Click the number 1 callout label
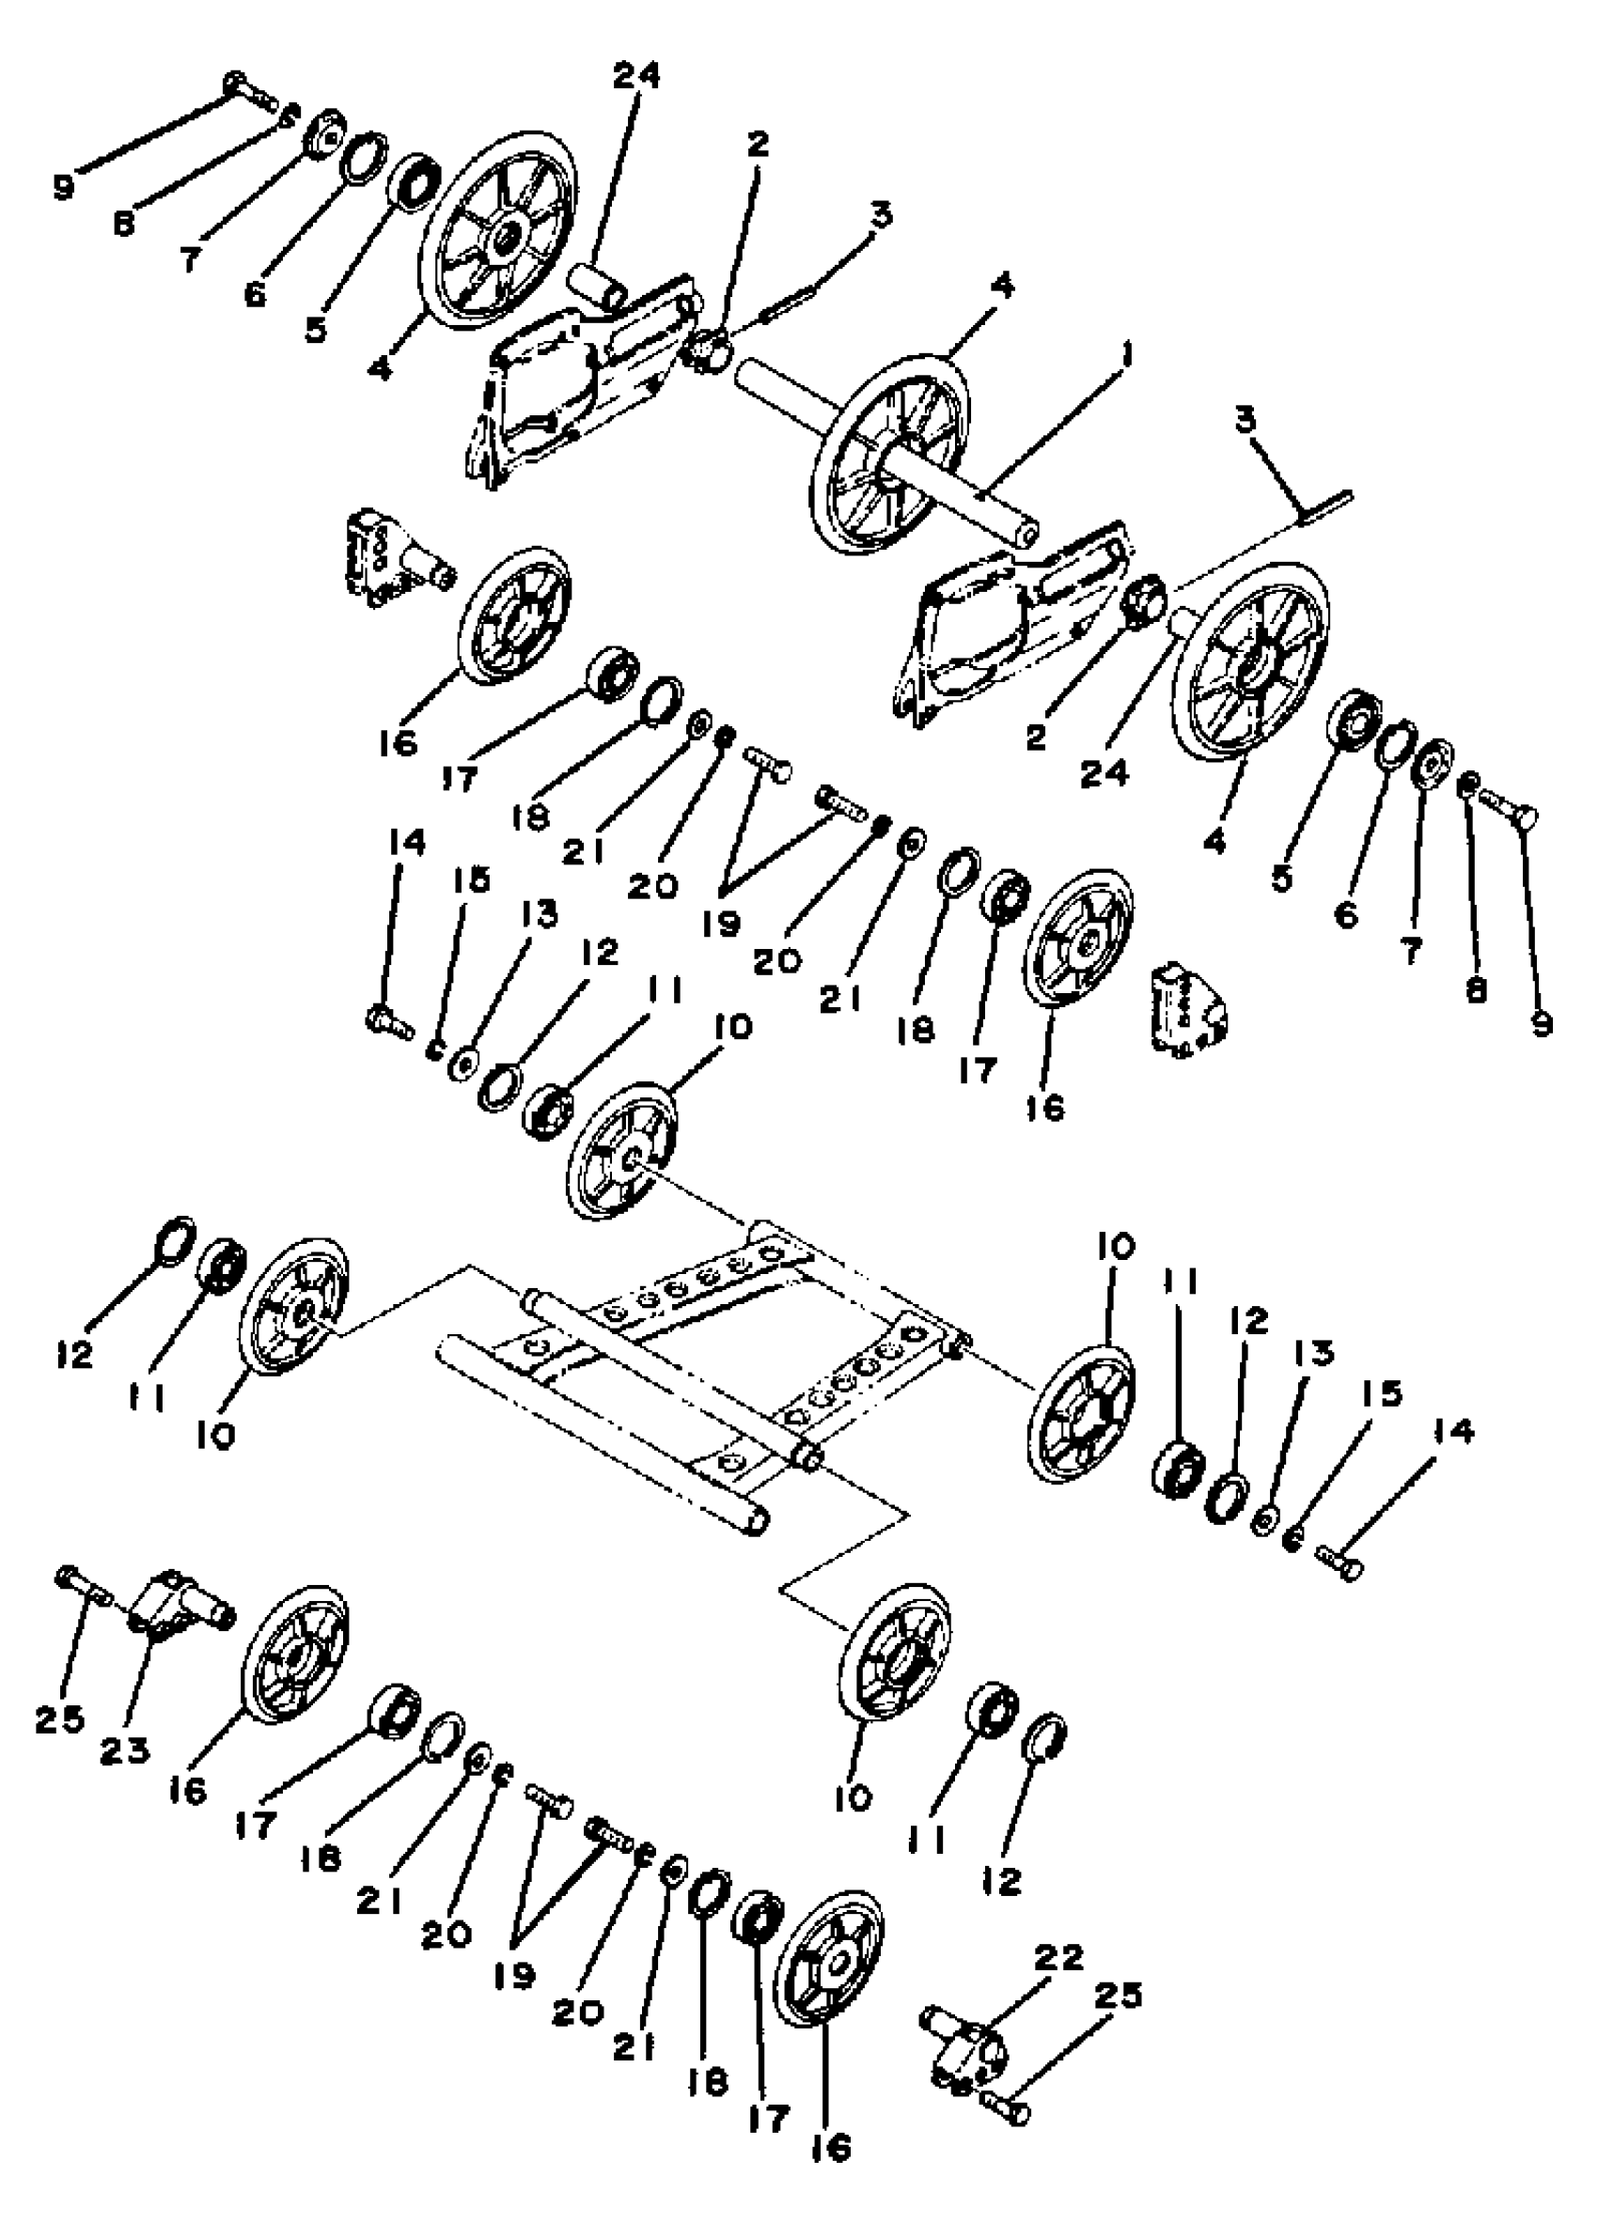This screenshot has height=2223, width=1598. (x=1125, y=354)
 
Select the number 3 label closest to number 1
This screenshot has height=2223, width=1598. (x=880, y=214)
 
